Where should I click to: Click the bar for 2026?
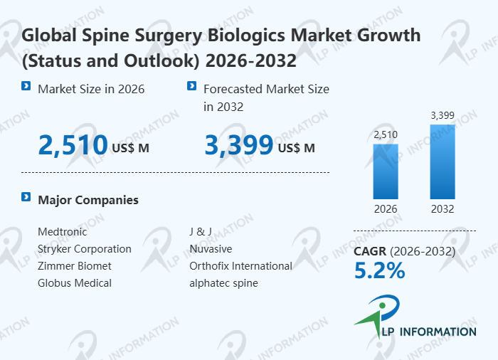386,171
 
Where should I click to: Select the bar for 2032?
442,162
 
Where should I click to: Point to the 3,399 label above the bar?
442,115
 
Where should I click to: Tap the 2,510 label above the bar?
386,134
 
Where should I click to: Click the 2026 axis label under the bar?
386,209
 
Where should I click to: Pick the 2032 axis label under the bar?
442,209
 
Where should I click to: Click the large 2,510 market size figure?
73,146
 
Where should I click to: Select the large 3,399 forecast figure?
239,146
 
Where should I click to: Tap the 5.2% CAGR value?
379,270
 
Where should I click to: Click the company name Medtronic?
63,231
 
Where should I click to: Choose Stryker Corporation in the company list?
85,249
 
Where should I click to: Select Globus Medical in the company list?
75,283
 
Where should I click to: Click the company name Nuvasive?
211,249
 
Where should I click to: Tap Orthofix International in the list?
240,266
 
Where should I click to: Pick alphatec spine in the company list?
223,283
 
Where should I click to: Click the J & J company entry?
201,231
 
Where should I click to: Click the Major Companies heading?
88,200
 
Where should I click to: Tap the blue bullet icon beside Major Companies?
26,196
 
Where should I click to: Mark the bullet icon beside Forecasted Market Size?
191,86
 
